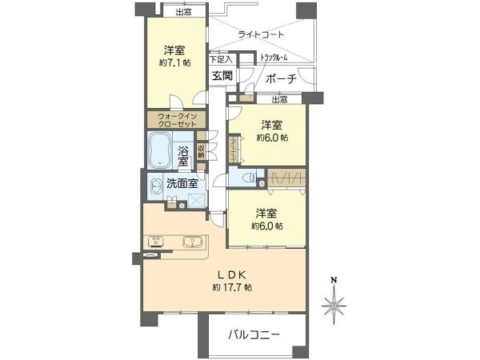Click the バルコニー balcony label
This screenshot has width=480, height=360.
pos(252,335)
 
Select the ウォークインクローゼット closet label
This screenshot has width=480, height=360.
pos(176,121)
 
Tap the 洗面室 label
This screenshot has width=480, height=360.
pos(182,183)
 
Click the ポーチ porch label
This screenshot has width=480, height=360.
pos(279,78)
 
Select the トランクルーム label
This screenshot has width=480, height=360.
pos(274,58)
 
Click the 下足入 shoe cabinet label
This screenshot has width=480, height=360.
pos(221,58)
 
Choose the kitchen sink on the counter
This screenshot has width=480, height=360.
pos(193,241)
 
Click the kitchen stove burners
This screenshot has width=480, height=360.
pos(156,241)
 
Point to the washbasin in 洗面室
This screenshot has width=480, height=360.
pos(154,186)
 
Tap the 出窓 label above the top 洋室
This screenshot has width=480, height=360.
pos(182,11)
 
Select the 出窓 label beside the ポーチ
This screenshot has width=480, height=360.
pos(278,99)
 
